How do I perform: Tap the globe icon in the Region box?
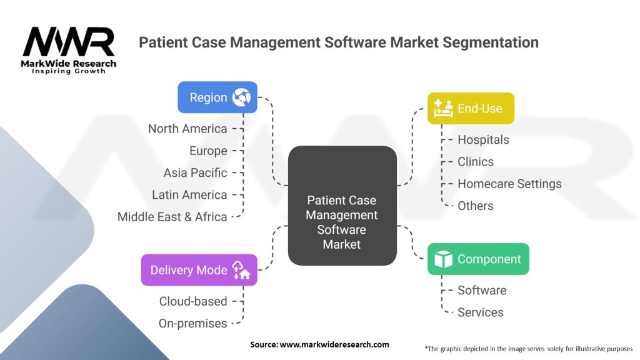pos(241,97)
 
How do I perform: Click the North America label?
pos(187,129)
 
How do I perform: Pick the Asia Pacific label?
pos(195,172)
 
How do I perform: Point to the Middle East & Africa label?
pos(172,217)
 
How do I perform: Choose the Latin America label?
pos(189,195)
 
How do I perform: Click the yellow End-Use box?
pos(470,108)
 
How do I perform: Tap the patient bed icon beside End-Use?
pos(443,108)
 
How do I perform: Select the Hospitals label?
pos(483,139)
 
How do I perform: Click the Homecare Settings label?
pos(509,184)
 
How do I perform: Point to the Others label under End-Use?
pos(475,206)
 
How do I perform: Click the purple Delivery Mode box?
pos(199,270)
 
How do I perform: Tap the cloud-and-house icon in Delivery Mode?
pos(241,270)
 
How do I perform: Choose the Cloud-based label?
pos(193,301)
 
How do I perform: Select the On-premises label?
pos(193,323)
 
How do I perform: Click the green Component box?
pos(477,259)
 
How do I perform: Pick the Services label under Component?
pos(480,312)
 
